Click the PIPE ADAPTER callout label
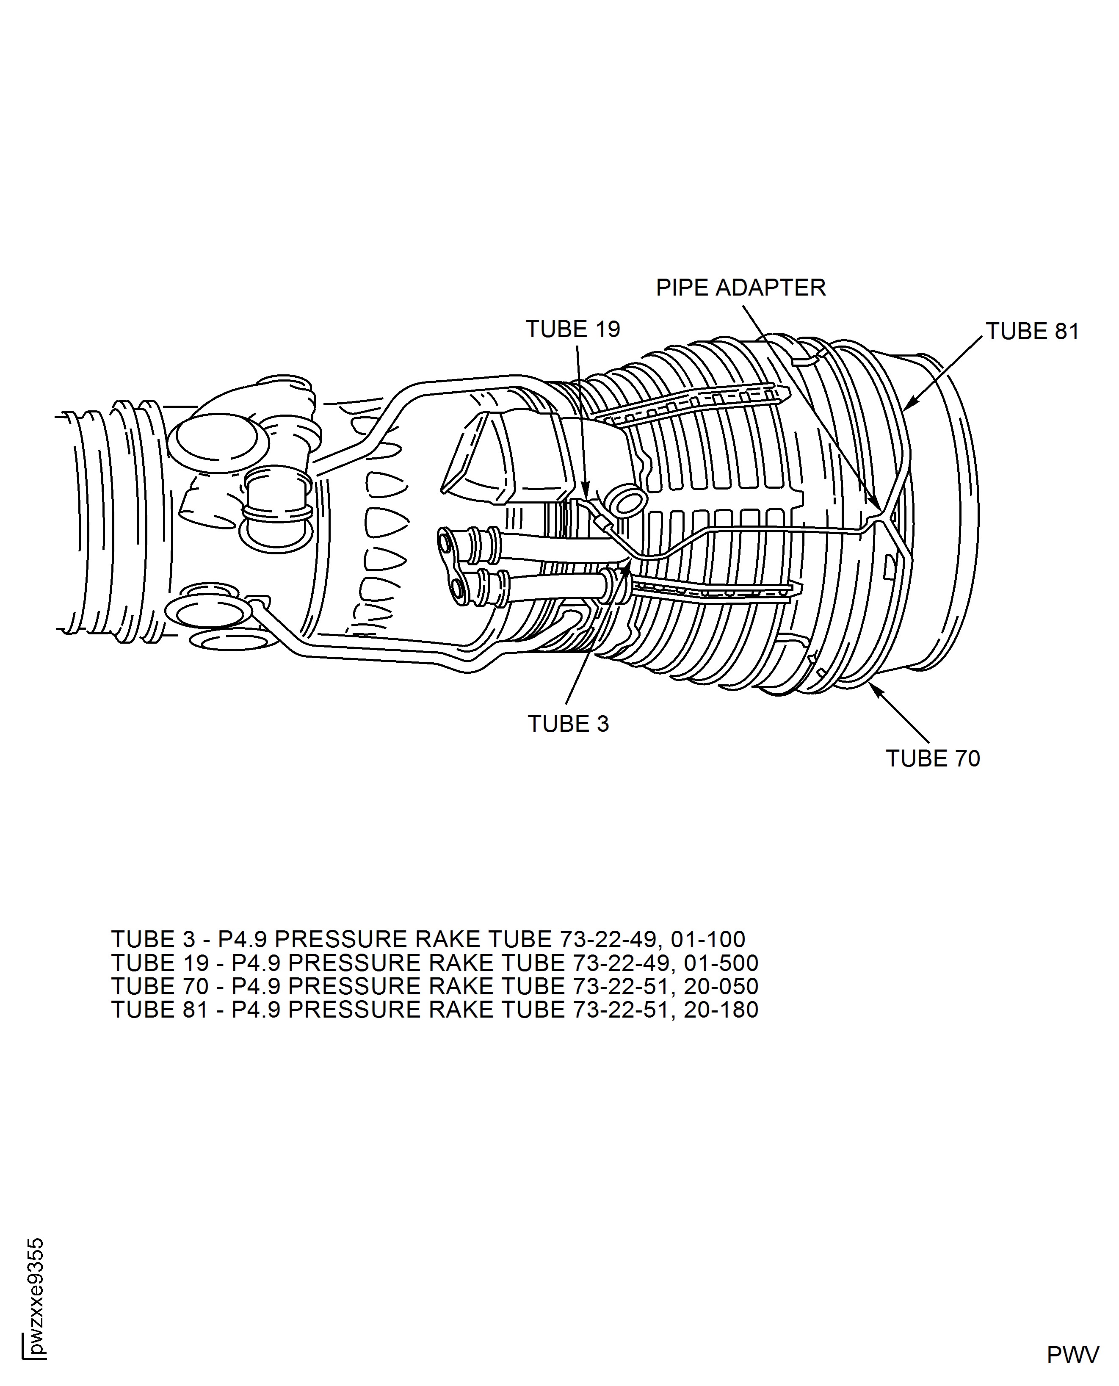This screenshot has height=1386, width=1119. coord(740,288)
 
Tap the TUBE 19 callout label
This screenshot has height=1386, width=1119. coord(572,329)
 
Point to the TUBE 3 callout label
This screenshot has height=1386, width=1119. coord(568,724)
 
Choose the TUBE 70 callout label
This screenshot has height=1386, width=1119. coord(933,759)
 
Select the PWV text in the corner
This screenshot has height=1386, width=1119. coord(1072,1355)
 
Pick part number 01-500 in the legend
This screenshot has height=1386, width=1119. coord(721,963)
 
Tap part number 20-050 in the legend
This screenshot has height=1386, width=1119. coord(721,986)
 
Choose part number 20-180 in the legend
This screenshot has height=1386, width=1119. coord(721,1010)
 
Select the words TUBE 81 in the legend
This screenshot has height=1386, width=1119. coord(160,1010)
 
